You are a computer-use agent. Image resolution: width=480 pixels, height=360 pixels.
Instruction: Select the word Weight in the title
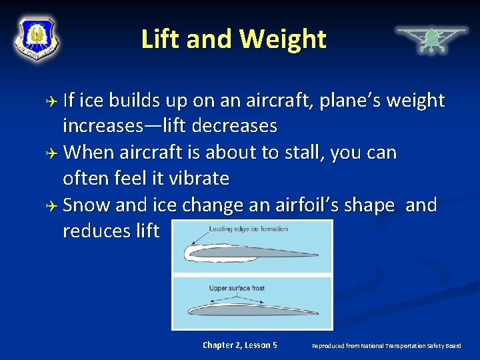(283, 39)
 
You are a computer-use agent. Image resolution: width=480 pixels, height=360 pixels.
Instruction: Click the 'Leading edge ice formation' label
(249, 229)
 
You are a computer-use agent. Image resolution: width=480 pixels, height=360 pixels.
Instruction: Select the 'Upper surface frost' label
(237, 287)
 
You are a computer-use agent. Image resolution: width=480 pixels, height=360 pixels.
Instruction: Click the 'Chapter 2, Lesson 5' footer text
(240, 345)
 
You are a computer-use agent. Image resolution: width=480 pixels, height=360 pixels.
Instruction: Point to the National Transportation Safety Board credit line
(386, 345)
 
